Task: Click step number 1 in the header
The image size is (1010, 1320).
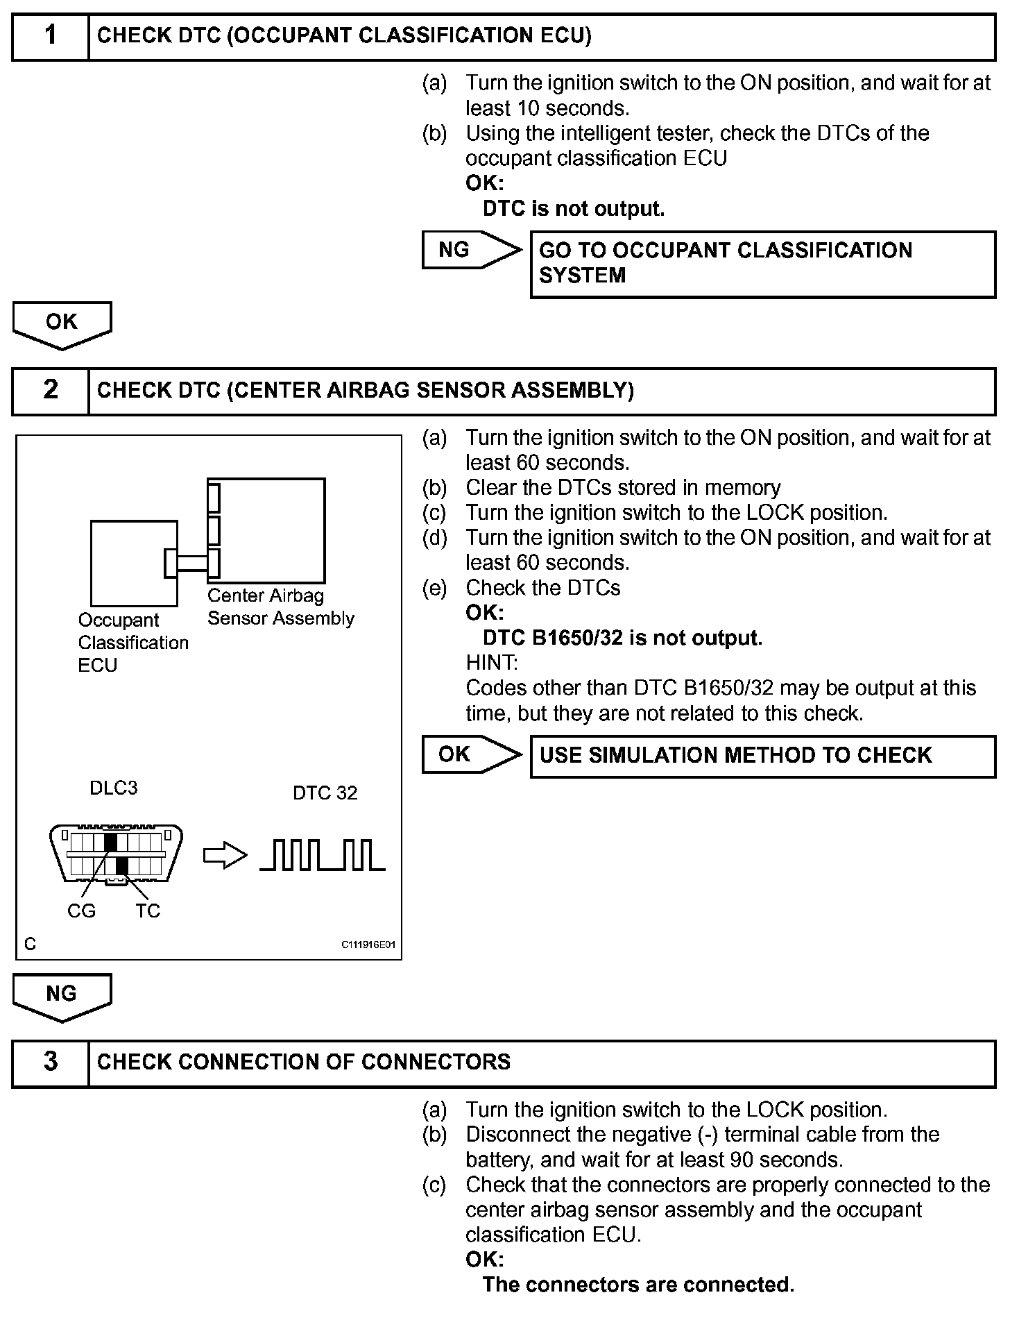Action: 51,36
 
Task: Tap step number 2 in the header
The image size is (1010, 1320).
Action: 51,390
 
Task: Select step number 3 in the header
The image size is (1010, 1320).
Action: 51,1062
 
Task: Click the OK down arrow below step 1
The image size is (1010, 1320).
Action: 62,324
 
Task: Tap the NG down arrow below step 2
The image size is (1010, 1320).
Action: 62,997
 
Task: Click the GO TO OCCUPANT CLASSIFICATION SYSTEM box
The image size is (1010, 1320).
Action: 762,264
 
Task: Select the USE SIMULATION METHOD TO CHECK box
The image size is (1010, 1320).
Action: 762,756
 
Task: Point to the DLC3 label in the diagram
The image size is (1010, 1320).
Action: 114,788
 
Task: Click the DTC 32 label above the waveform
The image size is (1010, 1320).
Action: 325,793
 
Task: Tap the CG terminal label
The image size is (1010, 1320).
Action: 81,911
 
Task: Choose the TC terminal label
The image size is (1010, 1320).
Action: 148,911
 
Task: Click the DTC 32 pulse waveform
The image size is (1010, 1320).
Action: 323,855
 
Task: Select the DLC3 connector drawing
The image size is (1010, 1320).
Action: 117,854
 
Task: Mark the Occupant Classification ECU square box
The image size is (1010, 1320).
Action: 134,564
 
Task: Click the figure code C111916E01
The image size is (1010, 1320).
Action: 368,945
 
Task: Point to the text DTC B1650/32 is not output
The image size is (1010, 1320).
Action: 622,638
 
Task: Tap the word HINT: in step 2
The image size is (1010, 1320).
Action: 492,663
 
